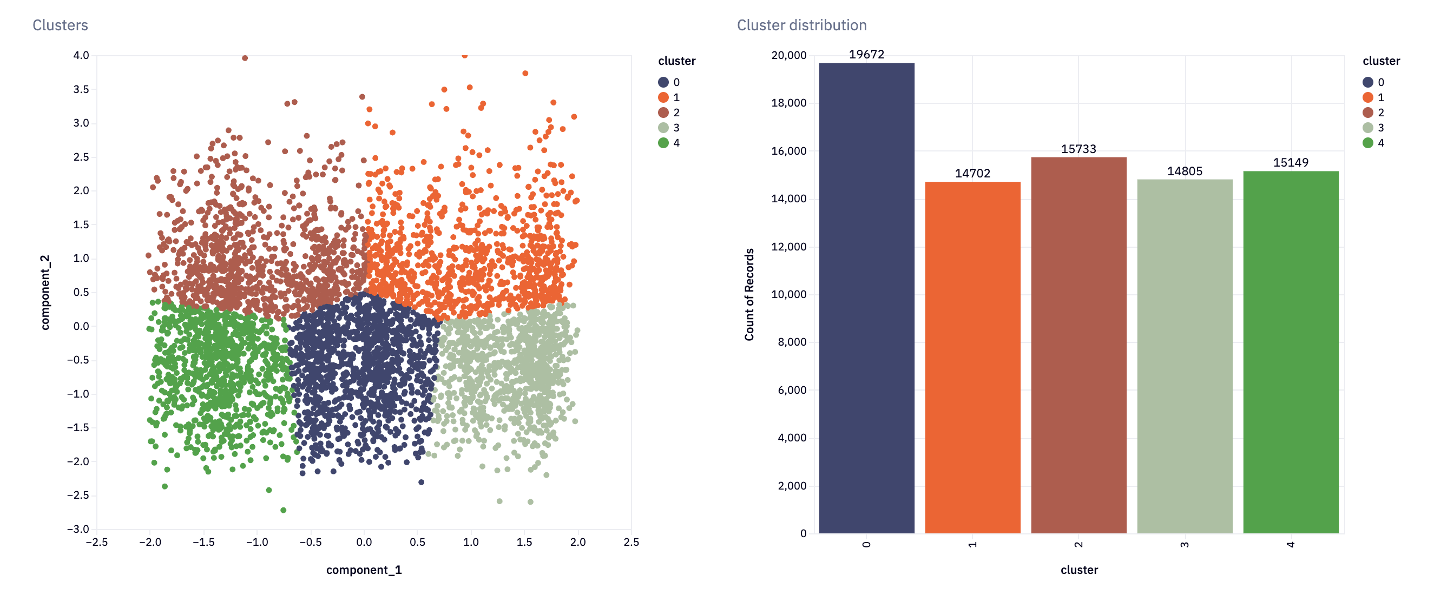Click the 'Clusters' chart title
click(x=60, y=25)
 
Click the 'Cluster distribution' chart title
click(x=801, y=25)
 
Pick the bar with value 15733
click(x=1078, y=345)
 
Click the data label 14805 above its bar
click(x=1184, y=171)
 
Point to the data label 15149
click(x=1291, y=162)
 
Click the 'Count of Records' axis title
click(x=749, y=294)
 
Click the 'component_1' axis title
click(x=364, y=570)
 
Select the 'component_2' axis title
click(x=45, y=293)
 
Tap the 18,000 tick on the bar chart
click(x=788, y=103)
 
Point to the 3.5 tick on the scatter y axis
click(x=81, y=89)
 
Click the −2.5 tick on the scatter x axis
click(x=97, y=542)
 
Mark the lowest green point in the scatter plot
click(x=284, y=510)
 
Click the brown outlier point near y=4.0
click(x=245, y=58)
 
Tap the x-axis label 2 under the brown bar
click(x=1078, y=545)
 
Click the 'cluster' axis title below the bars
click(x=1078, y=570)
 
